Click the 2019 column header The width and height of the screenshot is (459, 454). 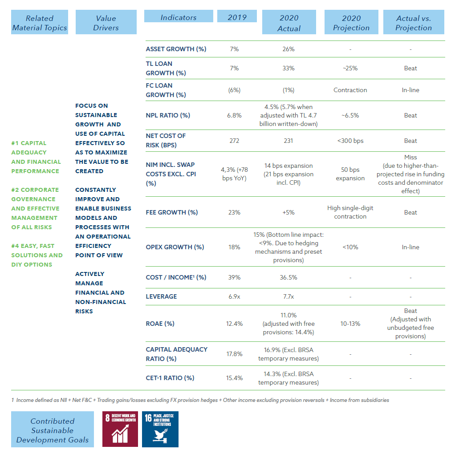pyautogui.click(x=237, y=16)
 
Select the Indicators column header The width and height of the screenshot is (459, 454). pyautogui.click(x=179, y=16)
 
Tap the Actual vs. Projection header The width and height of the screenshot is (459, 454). pyautogui.click(x=414, y=22)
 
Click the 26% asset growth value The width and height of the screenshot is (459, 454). pyautogui.click(x=288, y=49)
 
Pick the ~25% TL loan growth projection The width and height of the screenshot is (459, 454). pyautogui.click(x=350, y=68)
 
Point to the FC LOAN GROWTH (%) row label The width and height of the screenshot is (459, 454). pyautogui.click(x=166, y=90)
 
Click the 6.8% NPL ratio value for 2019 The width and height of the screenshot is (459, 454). pyautogui.click(x=234, y=115)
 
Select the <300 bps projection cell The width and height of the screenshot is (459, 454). pyautogui.click(x=350, y=141)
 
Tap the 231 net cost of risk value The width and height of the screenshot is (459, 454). pyautogui.click(x=288, y=141)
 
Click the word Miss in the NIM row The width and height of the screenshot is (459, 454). pyautogui.click(x=410, y=157)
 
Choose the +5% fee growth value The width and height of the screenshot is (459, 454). pyautogui.click(x=288, y=212)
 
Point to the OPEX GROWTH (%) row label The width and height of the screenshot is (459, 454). pyautogui.click(x=175, y=247)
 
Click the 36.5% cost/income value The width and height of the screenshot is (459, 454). pyautogui.click(x=288, y=277)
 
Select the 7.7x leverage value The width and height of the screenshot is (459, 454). pyautogui.click(x=288, y=296)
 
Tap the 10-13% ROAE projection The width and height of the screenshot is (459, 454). pyautogui.click(x=350, y=324)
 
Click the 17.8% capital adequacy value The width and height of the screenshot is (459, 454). pyautogui.click(x=234, y=354)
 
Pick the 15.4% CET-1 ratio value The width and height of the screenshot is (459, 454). pyautogui.click(x=234, y=378)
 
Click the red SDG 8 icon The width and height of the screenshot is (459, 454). pyautogui.click(x=120, y=429)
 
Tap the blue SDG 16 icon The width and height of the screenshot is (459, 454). pyautogui.click(x=160, y=429)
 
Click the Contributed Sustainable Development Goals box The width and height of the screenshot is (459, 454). pyautogui.click(x=53, y=429)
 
